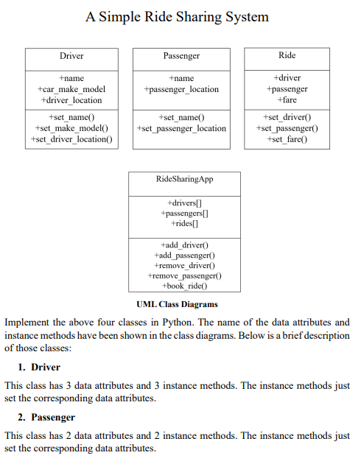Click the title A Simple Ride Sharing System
point(177,16)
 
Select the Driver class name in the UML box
point(71,56)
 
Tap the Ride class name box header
point(287,55)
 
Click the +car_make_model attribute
point(71,89)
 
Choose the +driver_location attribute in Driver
point(71,100)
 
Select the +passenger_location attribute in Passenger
point(182,89)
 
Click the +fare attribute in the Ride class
point(287,99)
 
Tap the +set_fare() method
point(287,139)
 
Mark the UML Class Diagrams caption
point(177,304)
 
